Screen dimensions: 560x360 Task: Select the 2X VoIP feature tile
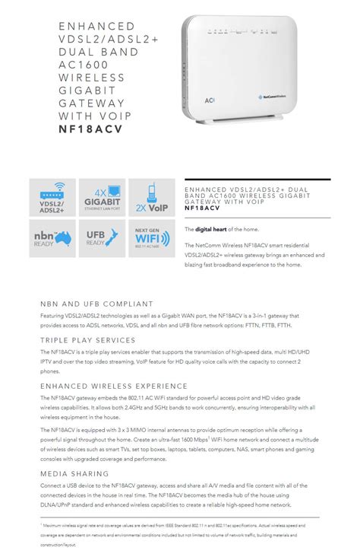[x=151, y=201]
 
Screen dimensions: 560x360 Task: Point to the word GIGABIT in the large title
[x=84, y=90]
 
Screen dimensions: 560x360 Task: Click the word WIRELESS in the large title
[x=90, y=77]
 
